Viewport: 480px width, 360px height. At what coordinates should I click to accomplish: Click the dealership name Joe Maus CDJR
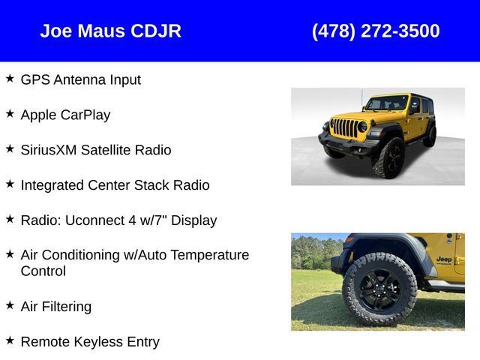coord(110,31)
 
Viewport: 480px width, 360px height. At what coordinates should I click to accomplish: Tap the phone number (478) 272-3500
coord(376,31)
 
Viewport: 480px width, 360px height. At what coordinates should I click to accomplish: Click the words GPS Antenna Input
coord(81,80)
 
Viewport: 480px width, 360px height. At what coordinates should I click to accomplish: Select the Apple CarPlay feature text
coord(65,115)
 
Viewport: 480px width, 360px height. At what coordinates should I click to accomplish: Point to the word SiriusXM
coord(49,150)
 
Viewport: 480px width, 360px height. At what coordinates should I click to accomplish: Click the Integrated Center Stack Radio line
coord(115,185)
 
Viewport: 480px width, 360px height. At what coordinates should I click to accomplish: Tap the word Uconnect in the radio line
coord(94,220)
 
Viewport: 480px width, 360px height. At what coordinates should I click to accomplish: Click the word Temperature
coord(210,255)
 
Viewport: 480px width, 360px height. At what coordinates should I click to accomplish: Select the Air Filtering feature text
coord(56,307)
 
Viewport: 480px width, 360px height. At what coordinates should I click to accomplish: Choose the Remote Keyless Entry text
coord(90,342)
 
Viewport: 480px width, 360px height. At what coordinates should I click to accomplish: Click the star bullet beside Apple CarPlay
coord(10,113)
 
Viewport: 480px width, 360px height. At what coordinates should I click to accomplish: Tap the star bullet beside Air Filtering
coord(10,305)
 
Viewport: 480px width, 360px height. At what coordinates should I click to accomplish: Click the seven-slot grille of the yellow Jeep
coord(346,127)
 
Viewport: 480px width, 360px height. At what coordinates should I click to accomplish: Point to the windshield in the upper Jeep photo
coord(387,103)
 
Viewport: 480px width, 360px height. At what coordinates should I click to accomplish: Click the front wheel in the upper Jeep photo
coord(388,158)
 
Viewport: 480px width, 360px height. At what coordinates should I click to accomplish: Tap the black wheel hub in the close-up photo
coord(379,289)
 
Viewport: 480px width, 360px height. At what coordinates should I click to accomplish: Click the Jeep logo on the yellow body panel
coord(444,259)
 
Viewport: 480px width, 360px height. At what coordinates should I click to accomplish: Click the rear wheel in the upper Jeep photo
coord(430,136)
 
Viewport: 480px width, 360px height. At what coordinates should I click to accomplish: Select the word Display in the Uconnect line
coord(193,220)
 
